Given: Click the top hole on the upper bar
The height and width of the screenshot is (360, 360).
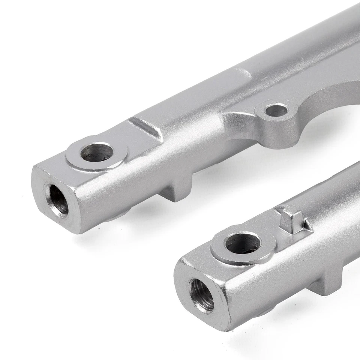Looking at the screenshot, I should click(x=97, y=152).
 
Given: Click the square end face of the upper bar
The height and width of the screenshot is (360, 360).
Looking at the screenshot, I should click(x=56, y=199).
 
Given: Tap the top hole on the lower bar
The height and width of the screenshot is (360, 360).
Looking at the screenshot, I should click(x=243, y=243).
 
